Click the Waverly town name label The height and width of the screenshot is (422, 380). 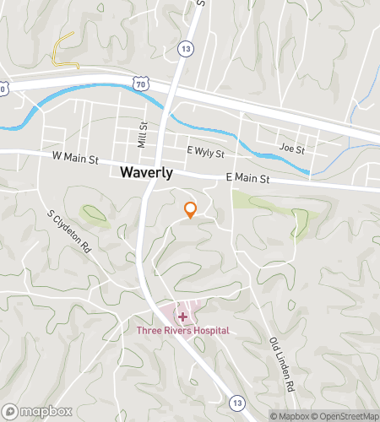[x=146, y=172]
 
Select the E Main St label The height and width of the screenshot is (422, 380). [x=247, y=178]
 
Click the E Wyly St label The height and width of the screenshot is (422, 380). [x=206, y=153]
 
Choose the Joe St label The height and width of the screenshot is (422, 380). [x=291, y=149]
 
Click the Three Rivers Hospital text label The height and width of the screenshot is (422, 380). [x=183, y=331]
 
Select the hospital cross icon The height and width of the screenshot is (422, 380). [x=182, y=316]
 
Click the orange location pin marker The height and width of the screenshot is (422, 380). [x=191, y=208]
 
